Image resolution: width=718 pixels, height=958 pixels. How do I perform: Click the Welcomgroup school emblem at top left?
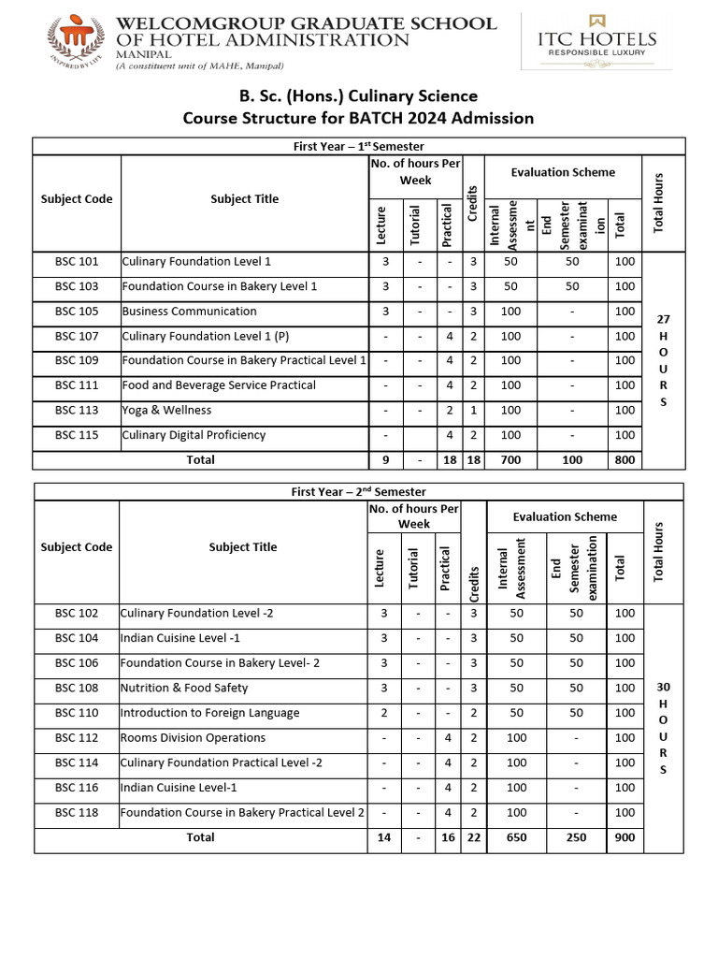click(77, 41)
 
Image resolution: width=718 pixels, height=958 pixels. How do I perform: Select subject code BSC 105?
click(77, 312)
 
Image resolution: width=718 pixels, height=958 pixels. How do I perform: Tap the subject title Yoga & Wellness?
click(166, 411)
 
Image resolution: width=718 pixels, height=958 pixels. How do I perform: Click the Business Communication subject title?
click(189, 312)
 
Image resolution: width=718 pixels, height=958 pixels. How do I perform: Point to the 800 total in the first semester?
click(625, 459)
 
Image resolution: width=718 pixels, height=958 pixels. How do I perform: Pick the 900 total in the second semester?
click(625, 838)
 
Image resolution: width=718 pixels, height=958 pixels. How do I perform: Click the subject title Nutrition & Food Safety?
click(184, 689)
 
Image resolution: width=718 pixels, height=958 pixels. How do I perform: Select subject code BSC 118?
click(77, 813)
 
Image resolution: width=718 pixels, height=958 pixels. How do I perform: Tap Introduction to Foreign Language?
click(209, 713)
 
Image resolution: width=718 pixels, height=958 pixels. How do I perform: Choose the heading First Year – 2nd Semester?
click(359, 491)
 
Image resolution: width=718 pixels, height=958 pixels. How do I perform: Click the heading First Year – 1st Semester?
click(359, 147)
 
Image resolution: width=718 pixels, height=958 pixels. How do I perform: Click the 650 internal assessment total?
click(516, 838)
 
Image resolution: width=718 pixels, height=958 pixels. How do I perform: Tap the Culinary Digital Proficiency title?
click(194, 435)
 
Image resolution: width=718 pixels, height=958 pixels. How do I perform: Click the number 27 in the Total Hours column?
click(664, 319)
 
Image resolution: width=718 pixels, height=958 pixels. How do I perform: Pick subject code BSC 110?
click(77, 713)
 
